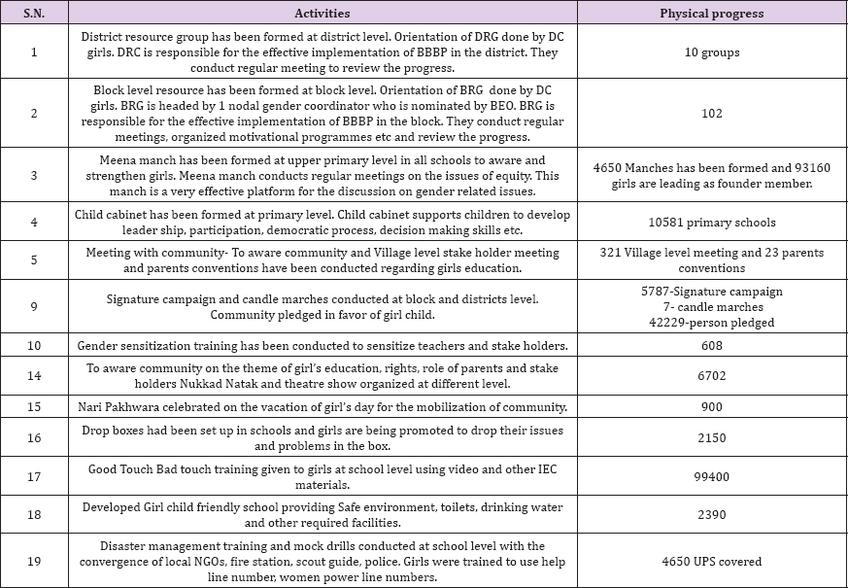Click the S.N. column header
pyautogui.click(x=35, y=14)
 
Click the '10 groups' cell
pyautogui.click(x=712, y=52)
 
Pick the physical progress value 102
pyautogui.click(x=712, y=114)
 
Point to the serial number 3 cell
pyautogui.click(x=35, y=175)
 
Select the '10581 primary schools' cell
pyautogui.click(x=712, y=223)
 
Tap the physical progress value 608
pyautogui.click(x=712, y=345)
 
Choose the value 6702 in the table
pyautogui.click(x=712, y=376)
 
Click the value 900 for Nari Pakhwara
pyautogui.click(x=712, y=407)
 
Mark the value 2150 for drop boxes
pyautogui.click(x=712, y=438)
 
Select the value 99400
pyautogui.click(x=712, y=476)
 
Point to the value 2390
pyautogui.click(x=712, y=516)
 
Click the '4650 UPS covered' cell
pyautogui.click(x=712, y=561)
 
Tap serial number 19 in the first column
pyautogui.click(x=35, y=561)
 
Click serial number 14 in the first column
pyautogui.click(x=35, y=376)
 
